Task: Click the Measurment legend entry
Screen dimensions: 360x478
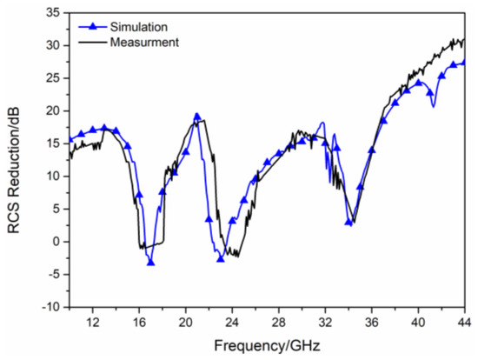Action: pos(144,41)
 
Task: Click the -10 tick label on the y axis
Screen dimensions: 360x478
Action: pos(50,307)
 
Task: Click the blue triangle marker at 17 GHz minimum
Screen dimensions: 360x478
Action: pos(150,261)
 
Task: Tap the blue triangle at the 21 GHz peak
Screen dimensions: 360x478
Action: pos(197,116)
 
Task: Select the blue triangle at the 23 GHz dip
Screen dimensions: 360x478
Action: pos(221,258)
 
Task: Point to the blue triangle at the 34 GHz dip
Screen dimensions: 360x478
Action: pos(349,222)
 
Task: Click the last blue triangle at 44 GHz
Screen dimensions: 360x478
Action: pos(464,62)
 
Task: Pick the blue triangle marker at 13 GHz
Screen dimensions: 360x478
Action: pos(104,128)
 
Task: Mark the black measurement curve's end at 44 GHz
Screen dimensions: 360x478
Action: pos(464,39)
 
